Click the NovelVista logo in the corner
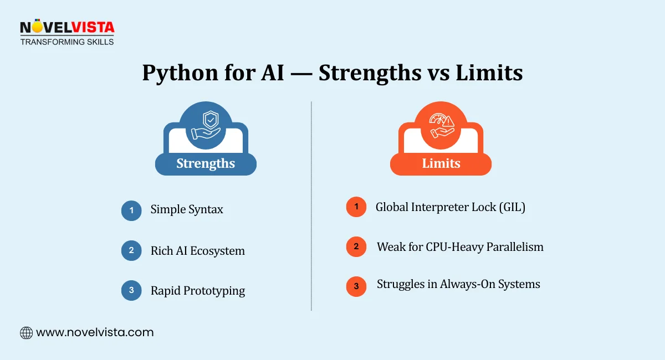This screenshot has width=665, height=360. tap(66, 32)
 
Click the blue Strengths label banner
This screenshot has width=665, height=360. tap(206, 163)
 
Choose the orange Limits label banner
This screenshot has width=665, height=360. tap(441, 163)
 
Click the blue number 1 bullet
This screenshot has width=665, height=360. tap(131, 210)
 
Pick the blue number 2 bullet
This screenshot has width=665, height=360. tap(131, 250)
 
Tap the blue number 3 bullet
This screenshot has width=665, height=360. tap(131, 290)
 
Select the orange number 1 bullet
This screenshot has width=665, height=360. tap(356, 207)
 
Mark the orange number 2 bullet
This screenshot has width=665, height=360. tap(356, 246)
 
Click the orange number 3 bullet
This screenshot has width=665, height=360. tap(356, 286)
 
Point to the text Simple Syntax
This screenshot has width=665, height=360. tap(187, 210)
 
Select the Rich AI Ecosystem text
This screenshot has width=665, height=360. tap(197, 251)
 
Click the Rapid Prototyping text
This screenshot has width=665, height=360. tap(197, 291)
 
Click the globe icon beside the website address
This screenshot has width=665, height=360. tap(26, 333)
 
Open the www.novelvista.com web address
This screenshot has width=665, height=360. tap(95, 333)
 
